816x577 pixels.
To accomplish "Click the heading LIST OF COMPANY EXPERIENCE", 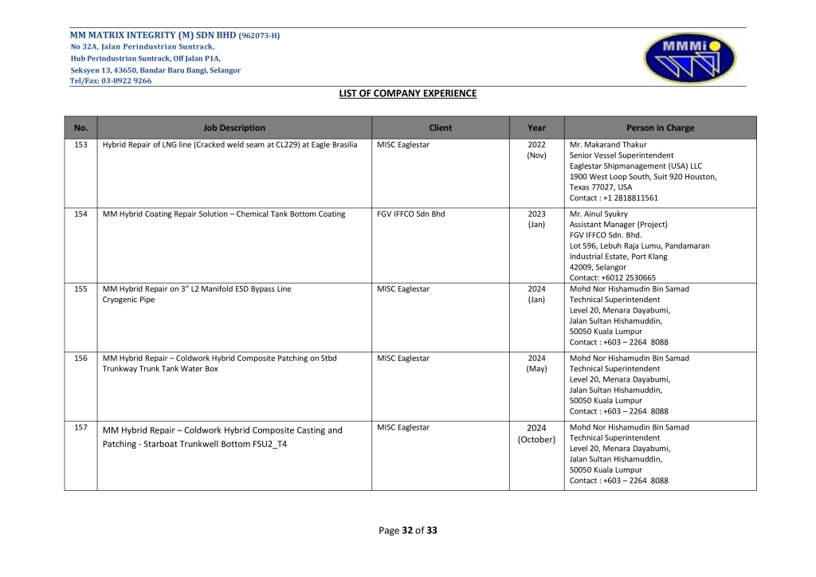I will point(408,94).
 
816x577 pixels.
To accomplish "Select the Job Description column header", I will point(234,128).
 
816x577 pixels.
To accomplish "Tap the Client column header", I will point(440,128).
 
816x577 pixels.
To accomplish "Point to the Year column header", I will point(536,128).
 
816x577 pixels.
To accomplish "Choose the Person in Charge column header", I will point(660,128).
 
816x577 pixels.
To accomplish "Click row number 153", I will point(80,145).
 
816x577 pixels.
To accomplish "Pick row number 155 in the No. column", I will point(80,288).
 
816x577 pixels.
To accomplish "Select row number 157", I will point(80,428).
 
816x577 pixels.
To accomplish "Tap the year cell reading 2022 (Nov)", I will point(536,150).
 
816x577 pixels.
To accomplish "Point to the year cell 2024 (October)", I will point(536,434).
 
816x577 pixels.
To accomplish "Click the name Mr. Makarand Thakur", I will point(608,145).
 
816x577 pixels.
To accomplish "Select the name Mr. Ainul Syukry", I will point(598,214).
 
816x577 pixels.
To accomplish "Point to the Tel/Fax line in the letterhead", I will point(111,80).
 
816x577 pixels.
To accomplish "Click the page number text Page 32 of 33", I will point(408,531).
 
